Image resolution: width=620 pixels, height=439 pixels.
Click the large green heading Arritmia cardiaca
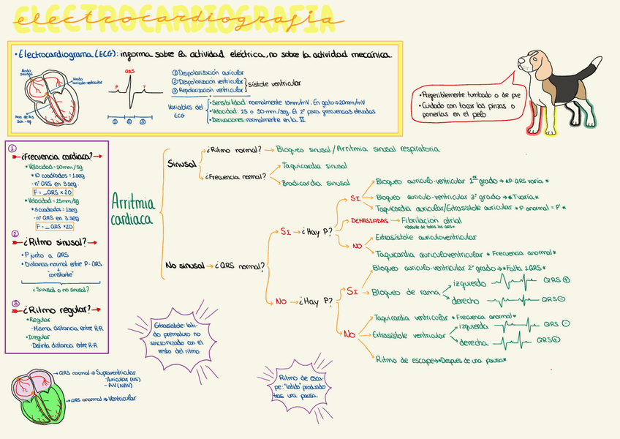tap(134, 209)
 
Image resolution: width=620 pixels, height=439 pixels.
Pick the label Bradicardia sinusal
tap(316, 183)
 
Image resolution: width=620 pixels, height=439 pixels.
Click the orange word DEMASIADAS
tap(369, 220)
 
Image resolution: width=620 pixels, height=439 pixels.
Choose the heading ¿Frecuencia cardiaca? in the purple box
tap(57, 157)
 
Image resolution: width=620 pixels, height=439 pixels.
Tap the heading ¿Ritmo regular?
tap(60, 309)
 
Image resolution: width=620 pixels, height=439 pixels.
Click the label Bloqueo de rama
tap(401, 293)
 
